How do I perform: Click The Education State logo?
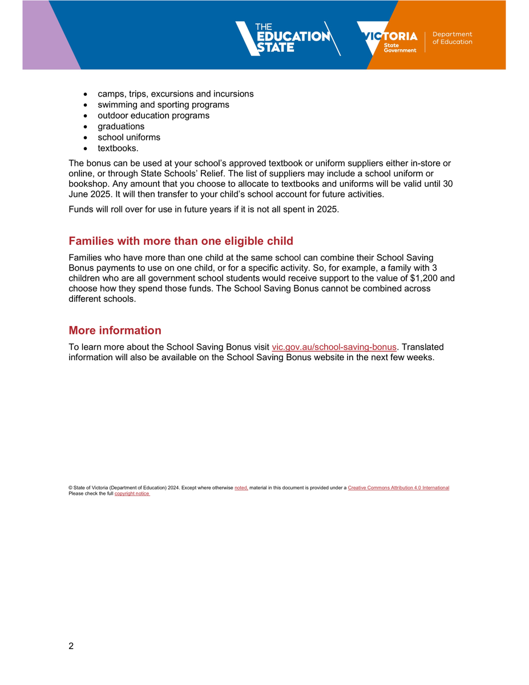coord(285,38)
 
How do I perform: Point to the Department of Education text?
coord(452,38)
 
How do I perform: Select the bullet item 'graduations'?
coord(121,126)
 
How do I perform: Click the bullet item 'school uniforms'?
coord(129,137)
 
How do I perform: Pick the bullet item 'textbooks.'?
coord(118,148)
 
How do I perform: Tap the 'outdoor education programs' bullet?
coord(154,115)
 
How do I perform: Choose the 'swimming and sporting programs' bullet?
coord(163,104)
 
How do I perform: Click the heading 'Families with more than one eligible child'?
coord(181,241)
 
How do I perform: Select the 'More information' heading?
coord(115,331)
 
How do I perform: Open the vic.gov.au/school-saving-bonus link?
coord(334,347)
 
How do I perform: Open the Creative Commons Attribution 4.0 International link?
coord(398,488)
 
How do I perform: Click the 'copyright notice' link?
coord(132,494)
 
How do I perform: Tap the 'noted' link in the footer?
coord(241,488)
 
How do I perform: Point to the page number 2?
coord(71,646)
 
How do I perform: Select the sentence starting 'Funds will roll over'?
coord(204,209)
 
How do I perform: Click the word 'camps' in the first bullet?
coord(110,94)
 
